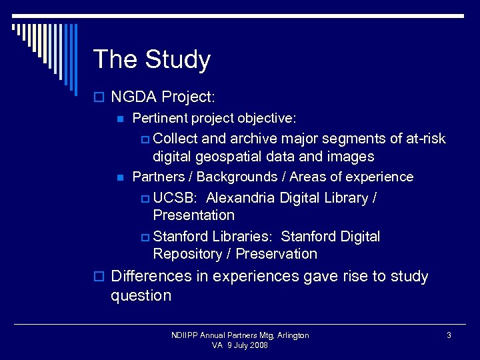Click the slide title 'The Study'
pyautogui.click(x=151, y=59)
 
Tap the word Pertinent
pyautogui.click(x=160, y=119)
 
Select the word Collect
pyautogui.click(x=175, y=139)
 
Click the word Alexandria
pyautogui.click(x=241, y=198)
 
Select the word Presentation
pyautogui.click(x=193, y=215)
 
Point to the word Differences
pyautogui.click(x=153, y=276)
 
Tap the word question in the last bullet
pyautogui.click(x=141, y=295)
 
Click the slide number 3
pyautogui.click(x=449, y=335)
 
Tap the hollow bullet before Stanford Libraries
pyautogui.click(x=145, y=237)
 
